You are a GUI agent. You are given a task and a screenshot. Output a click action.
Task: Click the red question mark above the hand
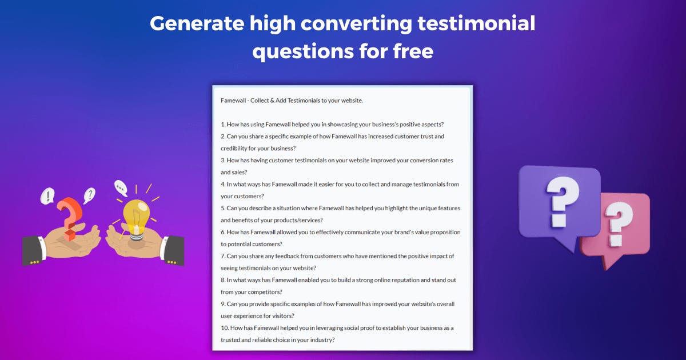(68, 215)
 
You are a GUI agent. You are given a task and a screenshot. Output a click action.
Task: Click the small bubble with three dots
(120, 187)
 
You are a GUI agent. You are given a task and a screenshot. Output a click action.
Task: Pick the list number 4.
(223, 185)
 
